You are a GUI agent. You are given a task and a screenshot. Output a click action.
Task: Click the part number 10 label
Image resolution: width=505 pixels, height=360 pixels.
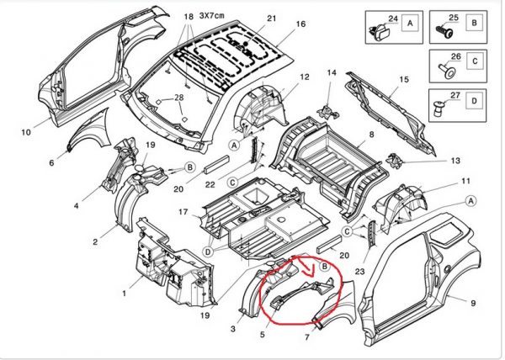(x=25, y=132)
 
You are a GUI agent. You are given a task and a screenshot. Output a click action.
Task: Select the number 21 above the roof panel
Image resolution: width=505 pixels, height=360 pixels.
(x=271, y=19)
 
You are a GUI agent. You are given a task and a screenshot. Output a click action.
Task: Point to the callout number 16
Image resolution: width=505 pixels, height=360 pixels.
(x=300, y=24)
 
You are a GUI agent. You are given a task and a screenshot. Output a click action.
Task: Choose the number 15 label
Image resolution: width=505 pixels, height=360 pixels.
(x=403, y=79)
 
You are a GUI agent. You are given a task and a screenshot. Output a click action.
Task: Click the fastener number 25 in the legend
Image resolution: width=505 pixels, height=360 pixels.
(x=454, y=17)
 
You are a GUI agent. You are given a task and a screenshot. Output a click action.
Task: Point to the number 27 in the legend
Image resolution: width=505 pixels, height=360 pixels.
(x=454, y=98)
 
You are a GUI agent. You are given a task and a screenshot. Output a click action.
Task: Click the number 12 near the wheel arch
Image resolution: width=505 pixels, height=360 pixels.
(x=304, y=77)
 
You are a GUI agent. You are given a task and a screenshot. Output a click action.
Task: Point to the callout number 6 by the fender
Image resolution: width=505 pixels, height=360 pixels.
(x=50, y=163)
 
